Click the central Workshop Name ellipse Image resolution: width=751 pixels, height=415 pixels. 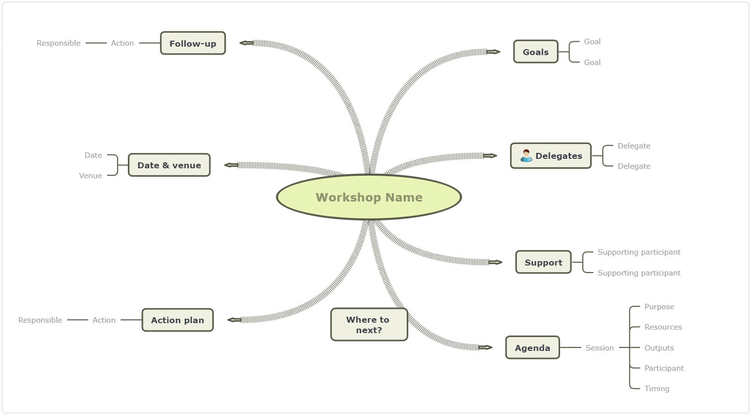[x=369, y=197]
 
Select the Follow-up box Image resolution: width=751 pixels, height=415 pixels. [x=193, y=43]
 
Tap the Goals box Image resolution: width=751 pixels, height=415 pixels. [x=536, y=52]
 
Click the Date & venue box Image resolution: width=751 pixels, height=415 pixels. [x=169, y=165]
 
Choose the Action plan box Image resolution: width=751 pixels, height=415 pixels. [x=178, y=320]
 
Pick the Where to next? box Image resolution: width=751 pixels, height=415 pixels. [x=369, y=325]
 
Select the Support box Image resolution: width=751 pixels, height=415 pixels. [x=544, y=262]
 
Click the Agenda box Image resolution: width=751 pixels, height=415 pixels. [x=533, y=347]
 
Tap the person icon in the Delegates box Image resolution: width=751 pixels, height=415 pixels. [x=526, y=156]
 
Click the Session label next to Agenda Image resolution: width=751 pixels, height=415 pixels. [x=599, y=348]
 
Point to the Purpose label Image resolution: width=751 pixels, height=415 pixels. [x=659, y=307]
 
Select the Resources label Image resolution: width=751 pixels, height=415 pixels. [x=663, y=327]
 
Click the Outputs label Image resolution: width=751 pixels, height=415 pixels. [x=659, y=348]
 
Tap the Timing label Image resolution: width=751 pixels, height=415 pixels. [x=657, y=389]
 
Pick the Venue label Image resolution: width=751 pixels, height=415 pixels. [x=90, y=175]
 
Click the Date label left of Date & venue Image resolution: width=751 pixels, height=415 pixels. [x=93, y=155]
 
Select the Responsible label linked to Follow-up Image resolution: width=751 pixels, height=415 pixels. [x=59, y=43]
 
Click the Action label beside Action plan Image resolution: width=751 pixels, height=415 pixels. [x=104, y=320]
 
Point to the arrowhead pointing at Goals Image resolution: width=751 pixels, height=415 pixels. [x=494, y=52]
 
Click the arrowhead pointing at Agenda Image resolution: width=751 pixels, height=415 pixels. [x=486, y=347]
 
